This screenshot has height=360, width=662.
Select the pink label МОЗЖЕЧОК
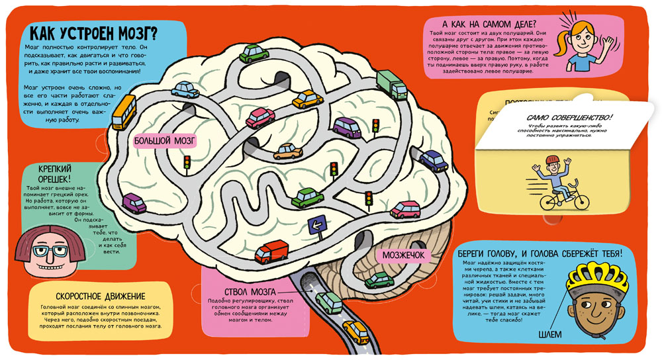tap(406, 255)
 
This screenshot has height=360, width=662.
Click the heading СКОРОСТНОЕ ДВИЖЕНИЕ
tap(97, 295)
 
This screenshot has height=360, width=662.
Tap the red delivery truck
tap(271, 252)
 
